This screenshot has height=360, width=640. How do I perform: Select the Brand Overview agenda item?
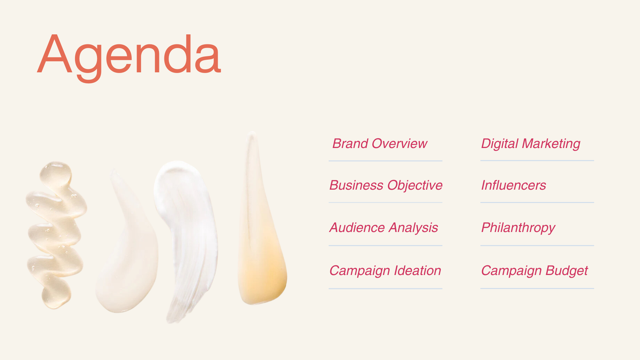(x=380, y=144)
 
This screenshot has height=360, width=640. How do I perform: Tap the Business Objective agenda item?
(x=386, y=185)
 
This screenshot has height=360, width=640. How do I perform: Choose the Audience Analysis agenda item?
(x=384, y=228)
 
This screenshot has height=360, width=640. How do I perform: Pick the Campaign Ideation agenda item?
(x=385, y=271)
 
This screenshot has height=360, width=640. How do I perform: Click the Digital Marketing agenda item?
(x=531, y=144)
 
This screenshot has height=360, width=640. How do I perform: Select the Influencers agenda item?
(x=513, y=185)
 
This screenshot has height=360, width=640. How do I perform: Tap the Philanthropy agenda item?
(x=518, y=228)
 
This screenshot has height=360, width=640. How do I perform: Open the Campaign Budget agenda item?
(x=534, y=271)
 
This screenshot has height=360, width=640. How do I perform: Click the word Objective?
(x=415, y=185)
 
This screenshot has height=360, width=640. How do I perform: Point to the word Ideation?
(x=417, y=270)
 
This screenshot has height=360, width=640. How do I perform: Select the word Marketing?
(x=551, y=144)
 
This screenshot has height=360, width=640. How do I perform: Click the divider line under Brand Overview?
(x=385, y=161)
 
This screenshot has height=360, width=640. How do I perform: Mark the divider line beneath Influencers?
(x=537, y=202)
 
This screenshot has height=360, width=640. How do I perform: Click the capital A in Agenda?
(x=55, y=53)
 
